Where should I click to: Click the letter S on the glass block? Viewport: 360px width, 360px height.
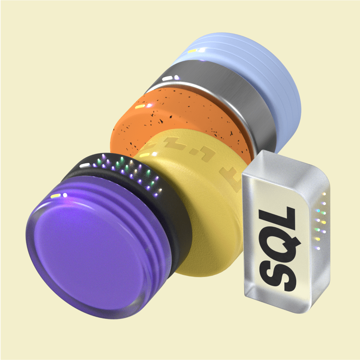click(x=277, y=275)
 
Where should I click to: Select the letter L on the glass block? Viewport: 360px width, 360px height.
click(x=277, y=216)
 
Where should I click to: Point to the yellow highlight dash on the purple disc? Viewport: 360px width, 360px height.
click(x=56, y=196)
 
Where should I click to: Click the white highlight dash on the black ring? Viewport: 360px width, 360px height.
click(x=85, y=165)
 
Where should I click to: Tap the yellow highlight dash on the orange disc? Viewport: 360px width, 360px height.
click(x=140, y=106)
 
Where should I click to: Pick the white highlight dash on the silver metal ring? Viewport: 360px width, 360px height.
click(x=167, y=79)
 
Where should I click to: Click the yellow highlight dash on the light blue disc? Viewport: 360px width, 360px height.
click(x=192, y=51)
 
